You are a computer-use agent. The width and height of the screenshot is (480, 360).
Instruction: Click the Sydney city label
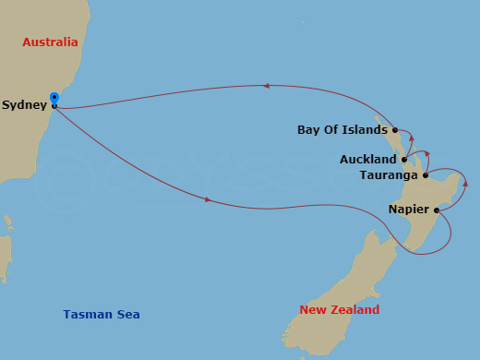(x=24, y=105)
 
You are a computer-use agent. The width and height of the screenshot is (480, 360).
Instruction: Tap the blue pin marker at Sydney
(x=54, y=98)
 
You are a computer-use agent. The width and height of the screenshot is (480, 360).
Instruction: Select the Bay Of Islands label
(x=342, y=130)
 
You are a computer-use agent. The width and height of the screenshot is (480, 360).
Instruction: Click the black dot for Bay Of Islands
(x=395, y=130)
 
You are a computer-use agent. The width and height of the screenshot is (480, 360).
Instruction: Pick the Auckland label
(x=368, y=160)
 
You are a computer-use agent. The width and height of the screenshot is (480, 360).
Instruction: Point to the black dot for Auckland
(x=404, y=159)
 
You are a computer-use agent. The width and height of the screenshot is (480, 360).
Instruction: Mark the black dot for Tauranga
(x=425, y=175)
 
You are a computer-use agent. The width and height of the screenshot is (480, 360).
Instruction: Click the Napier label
(x=408, y=210)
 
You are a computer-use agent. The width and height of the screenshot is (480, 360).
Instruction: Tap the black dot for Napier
(x=436, y=210)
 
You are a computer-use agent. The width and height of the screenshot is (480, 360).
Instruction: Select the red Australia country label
(x=51, y=42)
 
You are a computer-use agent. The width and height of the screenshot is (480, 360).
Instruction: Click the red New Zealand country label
(x=340, y=310)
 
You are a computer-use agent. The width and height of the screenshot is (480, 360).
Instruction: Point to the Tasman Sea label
(x=102, y=315)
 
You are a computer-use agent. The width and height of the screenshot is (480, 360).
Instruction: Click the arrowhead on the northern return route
(x=266, y=86)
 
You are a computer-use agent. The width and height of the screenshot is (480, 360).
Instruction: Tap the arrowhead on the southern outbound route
(x=208, y=199)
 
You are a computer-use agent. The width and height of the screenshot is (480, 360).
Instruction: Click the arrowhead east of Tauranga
(x=465, y=183)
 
